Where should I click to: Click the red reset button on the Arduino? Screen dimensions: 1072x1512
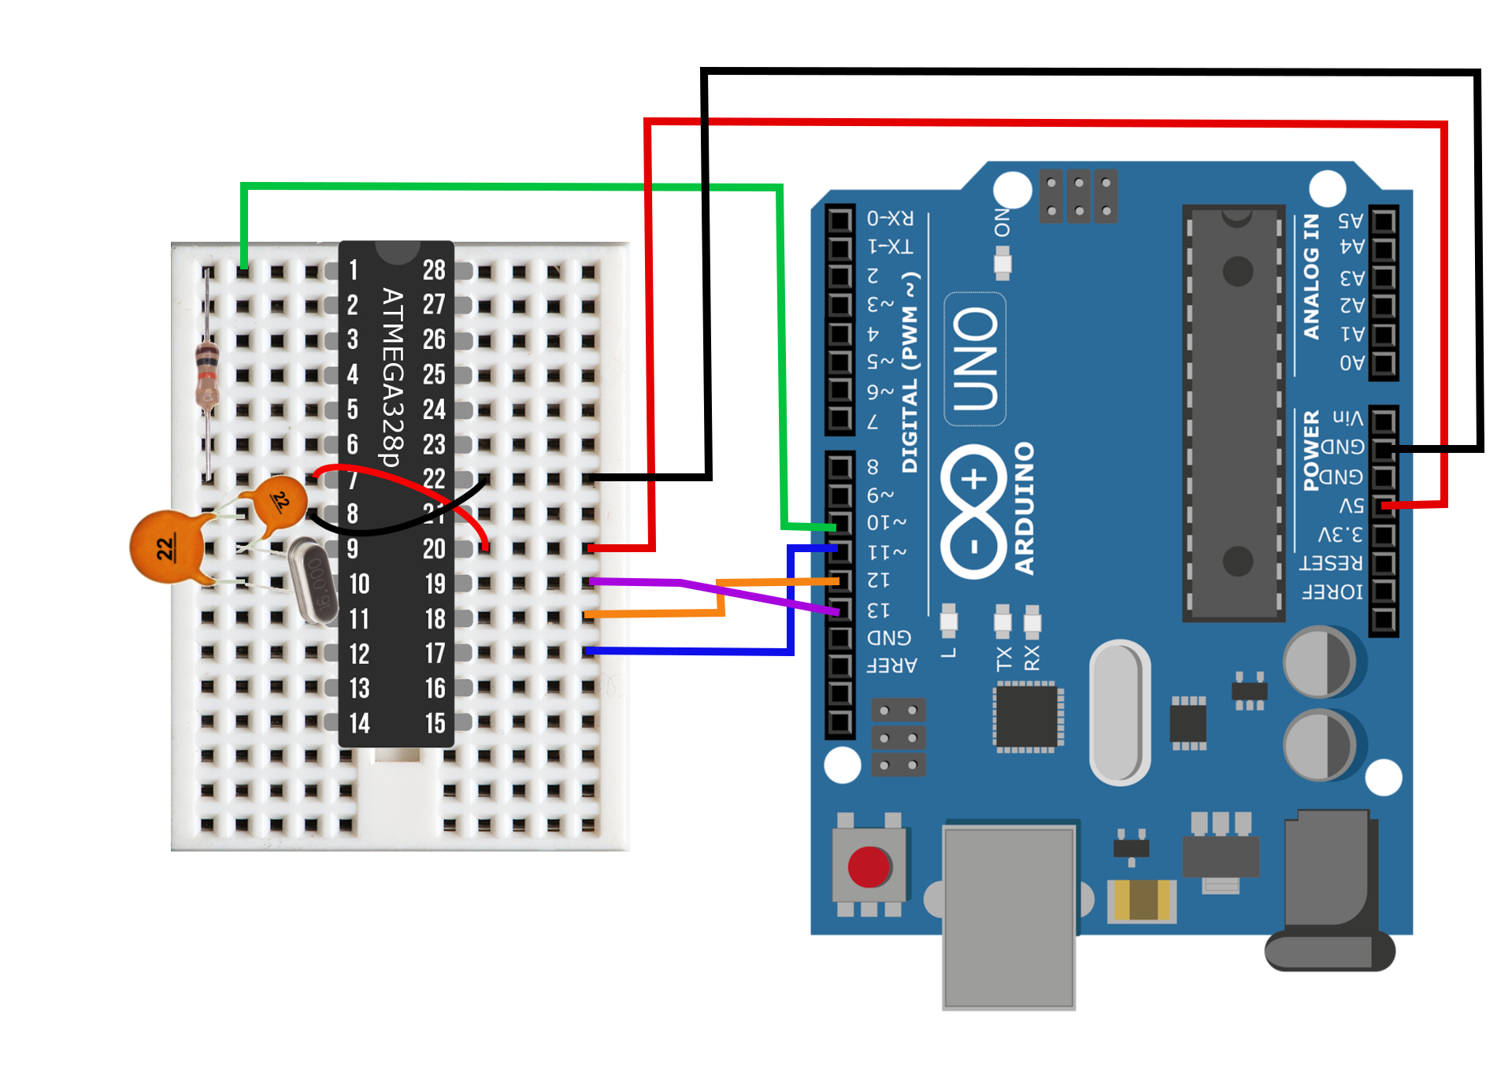point(869,866)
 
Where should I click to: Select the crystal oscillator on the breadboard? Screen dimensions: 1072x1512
point(313,581)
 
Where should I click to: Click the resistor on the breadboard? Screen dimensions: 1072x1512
point(206,373)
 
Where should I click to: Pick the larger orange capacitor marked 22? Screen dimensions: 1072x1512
point(168,547)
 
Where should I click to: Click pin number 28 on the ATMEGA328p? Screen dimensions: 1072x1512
point(434,270)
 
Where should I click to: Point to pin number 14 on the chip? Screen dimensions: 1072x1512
point(359,723)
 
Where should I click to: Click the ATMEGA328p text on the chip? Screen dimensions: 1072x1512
point(392,376)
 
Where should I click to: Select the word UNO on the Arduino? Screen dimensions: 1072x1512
point(976,359)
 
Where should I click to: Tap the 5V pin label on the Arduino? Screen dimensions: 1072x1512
point(1351,506)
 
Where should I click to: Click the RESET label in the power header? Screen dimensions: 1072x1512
point(1330,563)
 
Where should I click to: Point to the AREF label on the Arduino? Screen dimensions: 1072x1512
point(891,666)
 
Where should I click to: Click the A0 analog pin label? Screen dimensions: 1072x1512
point(1351,363)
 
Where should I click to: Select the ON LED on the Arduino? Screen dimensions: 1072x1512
point(1002,263)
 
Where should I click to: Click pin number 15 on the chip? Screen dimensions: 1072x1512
point(435,723)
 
